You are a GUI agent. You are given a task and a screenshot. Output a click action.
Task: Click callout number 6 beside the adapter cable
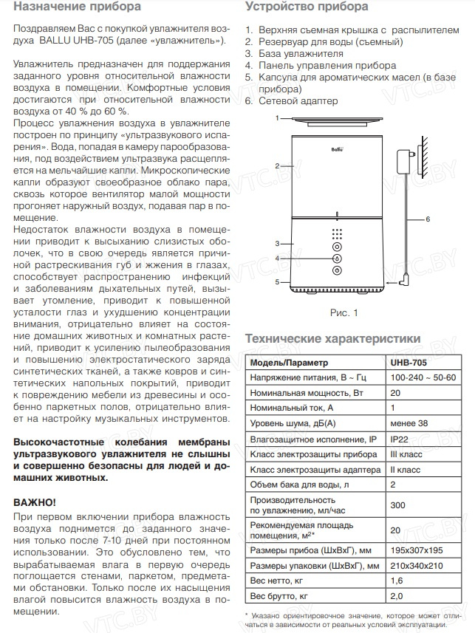(427, 219)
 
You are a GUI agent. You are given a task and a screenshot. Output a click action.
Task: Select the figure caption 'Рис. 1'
(344, 312)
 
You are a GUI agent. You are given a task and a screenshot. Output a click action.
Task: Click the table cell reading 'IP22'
(398, 438)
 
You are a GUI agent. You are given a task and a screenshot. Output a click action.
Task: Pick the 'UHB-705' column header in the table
(408, 363)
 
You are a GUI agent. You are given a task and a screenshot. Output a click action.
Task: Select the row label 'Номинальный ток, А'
(292, 407)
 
